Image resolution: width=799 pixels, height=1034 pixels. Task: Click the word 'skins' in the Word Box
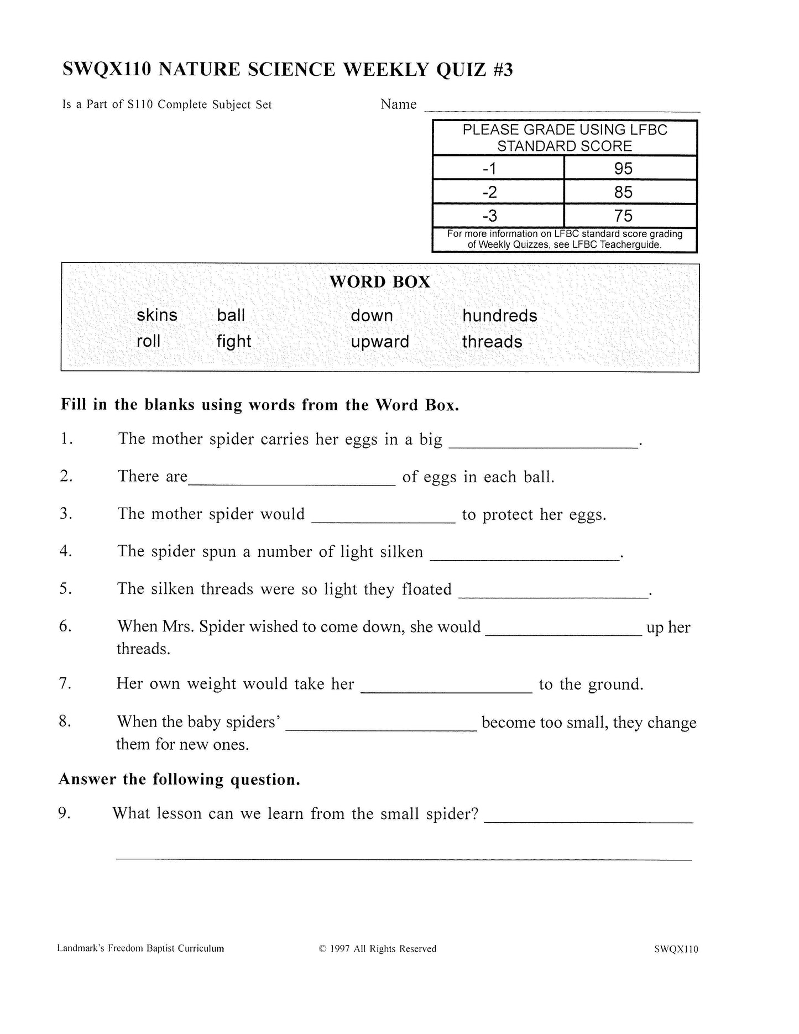click(x=157, y=315)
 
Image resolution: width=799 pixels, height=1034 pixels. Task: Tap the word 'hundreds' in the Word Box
click(x=499, y=316)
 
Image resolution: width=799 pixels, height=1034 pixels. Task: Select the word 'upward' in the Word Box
click(x=380, y=342)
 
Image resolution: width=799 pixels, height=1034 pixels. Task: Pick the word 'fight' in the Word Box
click(x=233, y=342)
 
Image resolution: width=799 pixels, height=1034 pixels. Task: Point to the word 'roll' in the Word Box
click(x=148, y=341)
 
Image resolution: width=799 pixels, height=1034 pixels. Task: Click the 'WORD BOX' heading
click(x=380, y=282)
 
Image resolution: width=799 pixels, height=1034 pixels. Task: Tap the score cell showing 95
click(x=623, y=169)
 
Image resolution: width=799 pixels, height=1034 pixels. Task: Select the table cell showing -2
click(x=490, y=192)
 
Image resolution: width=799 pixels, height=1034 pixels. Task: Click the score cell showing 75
click(x=623, y=216)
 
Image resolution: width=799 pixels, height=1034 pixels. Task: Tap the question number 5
click(x=66, y=588)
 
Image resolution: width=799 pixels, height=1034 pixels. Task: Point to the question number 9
click(x=65, y=813)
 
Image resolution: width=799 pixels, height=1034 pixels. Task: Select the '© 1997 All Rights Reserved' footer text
click(x=378, y=949)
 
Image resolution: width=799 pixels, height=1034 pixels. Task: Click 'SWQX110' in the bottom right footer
click(x=675, y=949)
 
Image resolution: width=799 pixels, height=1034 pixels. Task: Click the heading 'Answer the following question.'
click(x=179, y=780)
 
